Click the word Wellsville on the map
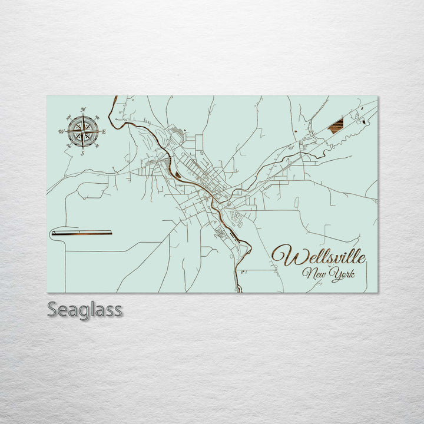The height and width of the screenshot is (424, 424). coord(319,257)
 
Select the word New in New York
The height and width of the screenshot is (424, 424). coord(313,273)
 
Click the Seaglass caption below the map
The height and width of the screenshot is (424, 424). coord(84,310)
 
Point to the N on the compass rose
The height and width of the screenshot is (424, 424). coord(83,110)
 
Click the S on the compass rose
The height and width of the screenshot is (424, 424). coord(82,153)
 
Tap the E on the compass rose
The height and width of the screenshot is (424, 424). coord(104,132)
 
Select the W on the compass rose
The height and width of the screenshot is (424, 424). coord(61,132)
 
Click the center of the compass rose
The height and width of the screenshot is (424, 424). coord(83,131)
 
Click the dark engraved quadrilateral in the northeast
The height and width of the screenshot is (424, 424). coord(336,125)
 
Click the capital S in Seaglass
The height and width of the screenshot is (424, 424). coord(52,310)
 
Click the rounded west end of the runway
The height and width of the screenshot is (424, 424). coord(53,233)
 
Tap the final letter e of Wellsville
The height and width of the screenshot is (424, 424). coord(361,258)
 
